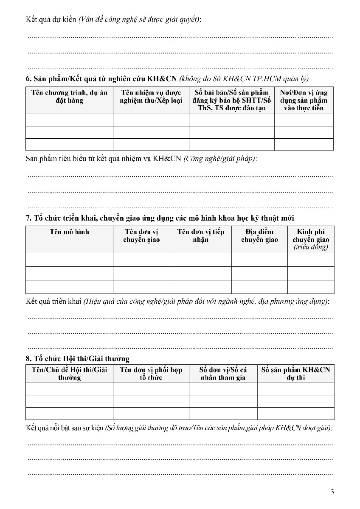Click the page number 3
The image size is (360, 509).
coord(332,492)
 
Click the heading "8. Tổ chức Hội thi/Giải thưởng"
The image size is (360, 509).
coord(78,359)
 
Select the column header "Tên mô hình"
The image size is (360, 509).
coord(69,232)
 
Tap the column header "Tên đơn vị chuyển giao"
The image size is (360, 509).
coord(141,236)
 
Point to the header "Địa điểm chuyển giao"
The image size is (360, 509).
coord(259,236)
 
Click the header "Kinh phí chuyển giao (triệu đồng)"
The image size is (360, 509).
coord(311,239)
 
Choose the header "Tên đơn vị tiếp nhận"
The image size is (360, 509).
coord(201,236)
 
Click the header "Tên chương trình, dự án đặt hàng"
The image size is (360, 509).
coord(69,97)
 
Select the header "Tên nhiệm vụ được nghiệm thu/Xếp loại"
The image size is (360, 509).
coord(151,97)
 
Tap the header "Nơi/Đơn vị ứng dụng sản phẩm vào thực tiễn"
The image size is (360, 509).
coord(304,100)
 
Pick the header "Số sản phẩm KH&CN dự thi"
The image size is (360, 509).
coord(295,374)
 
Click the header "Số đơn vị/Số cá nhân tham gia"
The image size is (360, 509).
coord(223,374)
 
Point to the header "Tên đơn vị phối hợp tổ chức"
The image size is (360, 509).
coord(151,374)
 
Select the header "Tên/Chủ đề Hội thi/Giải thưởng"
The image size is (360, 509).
coord(69,374)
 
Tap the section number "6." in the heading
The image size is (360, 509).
coord(28,79)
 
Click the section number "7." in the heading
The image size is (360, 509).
coord(28,218)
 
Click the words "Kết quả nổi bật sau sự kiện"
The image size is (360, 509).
coord(65,428)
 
